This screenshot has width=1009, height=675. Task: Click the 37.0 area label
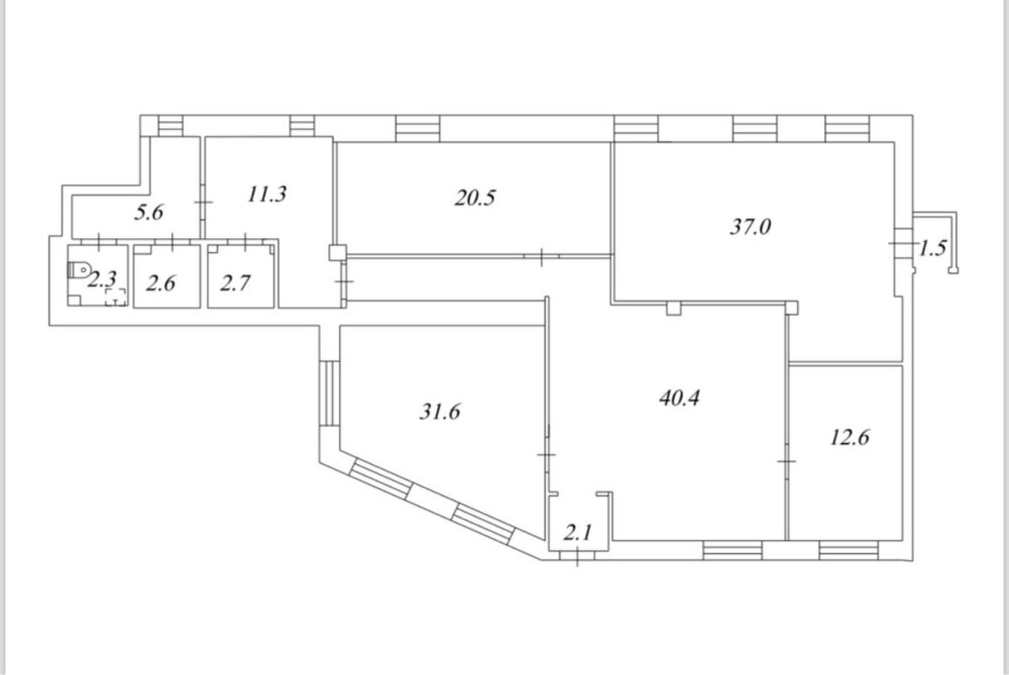coord(750,226)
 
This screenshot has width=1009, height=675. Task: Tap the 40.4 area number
coord(679,398)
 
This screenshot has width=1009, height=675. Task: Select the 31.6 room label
coord(440,412)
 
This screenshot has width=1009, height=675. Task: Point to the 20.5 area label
coord(475,198)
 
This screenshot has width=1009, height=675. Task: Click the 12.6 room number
coord(849,437)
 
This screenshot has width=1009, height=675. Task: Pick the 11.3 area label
coord(267,194)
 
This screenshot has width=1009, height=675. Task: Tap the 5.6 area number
coord(149,212)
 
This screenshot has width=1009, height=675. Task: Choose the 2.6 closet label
coord(161,283)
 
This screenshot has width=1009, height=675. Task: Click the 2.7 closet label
coord(235,283)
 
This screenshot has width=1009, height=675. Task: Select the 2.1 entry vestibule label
coord(578,534)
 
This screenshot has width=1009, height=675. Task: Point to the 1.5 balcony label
coord(932,248)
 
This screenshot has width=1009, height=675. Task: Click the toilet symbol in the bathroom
coord(79,270)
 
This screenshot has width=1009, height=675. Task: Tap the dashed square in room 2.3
coord(116,298)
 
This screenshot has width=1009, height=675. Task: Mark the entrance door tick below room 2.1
coord(577,556)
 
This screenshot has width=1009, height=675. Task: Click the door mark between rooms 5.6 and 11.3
coord(203,203)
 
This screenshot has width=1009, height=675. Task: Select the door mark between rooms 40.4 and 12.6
coord(786,461)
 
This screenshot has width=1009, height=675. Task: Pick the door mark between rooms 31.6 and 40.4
coord(547,455)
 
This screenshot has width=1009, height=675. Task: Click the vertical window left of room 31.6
coord(330,393)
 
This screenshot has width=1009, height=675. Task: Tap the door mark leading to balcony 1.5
coord(904,243)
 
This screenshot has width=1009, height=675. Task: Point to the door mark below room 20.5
coord(541,256)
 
